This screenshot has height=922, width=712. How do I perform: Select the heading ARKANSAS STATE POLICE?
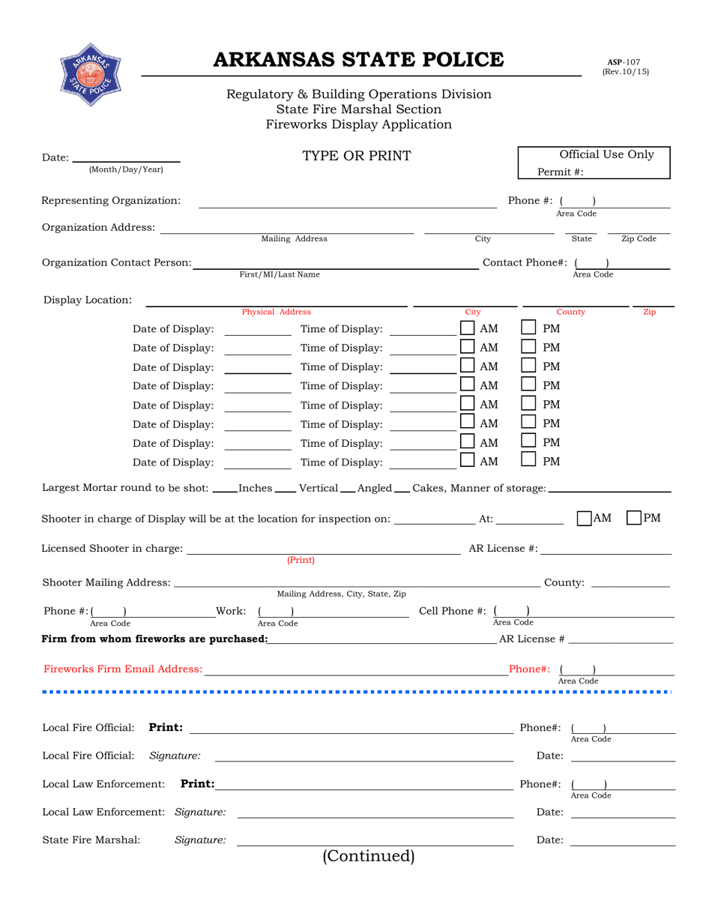point(359,60)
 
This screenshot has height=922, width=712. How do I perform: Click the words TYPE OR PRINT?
point(356,156)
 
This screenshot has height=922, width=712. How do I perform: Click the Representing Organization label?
point(111,200)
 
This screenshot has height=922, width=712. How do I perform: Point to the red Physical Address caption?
point(276,312)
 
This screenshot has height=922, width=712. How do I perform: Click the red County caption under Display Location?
point(570,312)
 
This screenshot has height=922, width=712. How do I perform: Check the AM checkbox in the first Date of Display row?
point(467,328)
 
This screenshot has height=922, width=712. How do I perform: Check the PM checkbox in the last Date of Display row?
point(528,461)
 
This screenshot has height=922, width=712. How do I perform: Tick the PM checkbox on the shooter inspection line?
point(633,518)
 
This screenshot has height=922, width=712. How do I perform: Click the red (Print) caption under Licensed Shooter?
point(301,560)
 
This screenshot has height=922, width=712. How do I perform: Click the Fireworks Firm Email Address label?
point(122,668)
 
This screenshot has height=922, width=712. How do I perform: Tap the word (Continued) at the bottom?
point(368,856)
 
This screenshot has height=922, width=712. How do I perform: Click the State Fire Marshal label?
point(91,840)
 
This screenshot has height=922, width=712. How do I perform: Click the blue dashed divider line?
point(357,691)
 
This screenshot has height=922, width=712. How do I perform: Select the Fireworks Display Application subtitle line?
point(358,124)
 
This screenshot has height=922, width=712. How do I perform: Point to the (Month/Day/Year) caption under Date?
point(125,169)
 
